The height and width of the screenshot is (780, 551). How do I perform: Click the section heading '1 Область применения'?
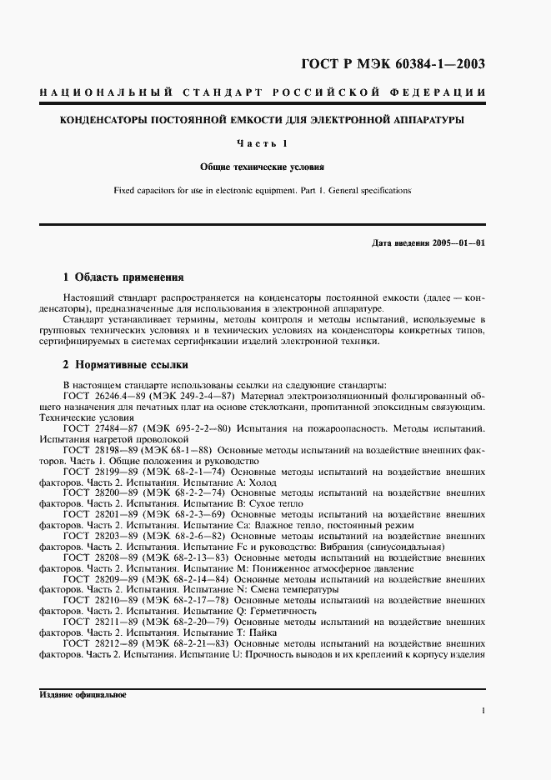point(123,277)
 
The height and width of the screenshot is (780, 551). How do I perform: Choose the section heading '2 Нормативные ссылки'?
point(126,364)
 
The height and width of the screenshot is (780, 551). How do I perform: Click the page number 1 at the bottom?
point(483,711)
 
